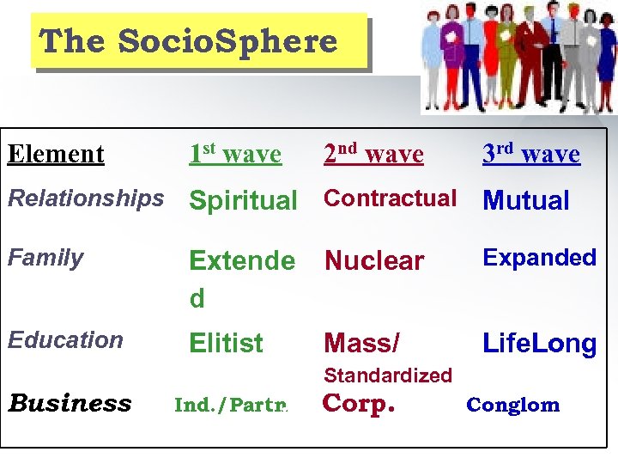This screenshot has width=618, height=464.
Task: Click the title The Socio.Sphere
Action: tap(189, 41)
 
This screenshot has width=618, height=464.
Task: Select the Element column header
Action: tap(56, 155)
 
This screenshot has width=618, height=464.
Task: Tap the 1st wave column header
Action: tap(235, 155)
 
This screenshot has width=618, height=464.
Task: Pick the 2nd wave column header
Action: tap(373, 155)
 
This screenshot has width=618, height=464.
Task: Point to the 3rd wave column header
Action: tap(531, 155)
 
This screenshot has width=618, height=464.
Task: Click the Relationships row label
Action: tap(86, 198)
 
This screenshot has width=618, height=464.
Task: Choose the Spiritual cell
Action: tap(243, 201)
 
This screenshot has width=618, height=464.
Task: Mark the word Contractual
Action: tap(391, 198)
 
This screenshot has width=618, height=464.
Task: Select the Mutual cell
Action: tap(526, 201)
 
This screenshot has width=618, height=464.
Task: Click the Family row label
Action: tap(45, 258)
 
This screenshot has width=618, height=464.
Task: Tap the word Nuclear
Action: tap(374, 260)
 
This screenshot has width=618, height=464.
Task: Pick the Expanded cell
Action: tap(540, 258)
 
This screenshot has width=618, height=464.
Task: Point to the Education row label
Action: tap(65, 340)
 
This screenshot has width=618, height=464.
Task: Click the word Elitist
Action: tap(226, 344)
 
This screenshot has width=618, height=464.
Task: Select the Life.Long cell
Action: tap(540, 344)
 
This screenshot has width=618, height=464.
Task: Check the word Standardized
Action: tap(388, 375)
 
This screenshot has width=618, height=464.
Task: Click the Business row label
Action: tap(70, 404)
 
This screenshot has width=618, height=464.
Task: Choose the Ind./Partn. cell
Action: tap(231, 405)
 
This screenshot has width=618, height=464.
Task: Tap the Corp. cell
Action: tap(358, 404)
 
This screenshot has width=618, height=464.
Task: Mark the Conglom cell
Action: tap(512, 405)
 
